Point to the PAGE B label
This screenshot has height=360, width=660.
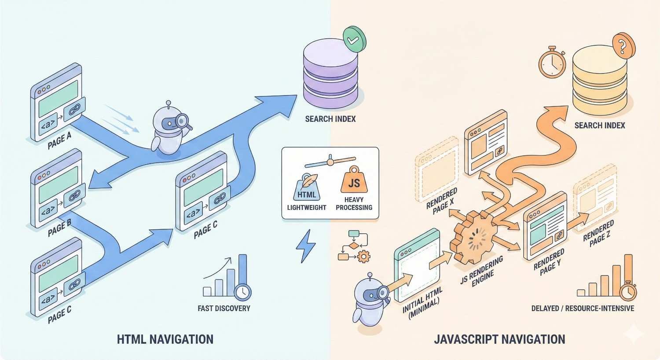(59, 228)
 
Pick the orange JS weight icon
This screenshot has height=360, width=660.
(354, 181)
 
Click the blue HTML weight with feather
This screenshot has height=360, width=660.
(307, 188)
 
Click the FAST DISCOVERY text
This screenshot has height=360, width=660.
(224, 309)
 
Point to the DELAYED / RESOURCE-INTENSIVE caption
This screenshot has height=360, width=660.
(583, 308)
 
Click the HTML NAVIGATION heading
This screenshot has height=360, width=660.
(165, 339)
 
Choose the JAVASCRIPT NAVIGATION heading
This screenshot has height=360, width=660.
(499, 339)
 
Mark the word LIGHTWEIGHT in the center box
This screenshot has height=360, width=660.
(307, 207)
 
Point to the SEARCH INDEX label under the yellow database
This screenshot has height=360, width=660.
(599, 126)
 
